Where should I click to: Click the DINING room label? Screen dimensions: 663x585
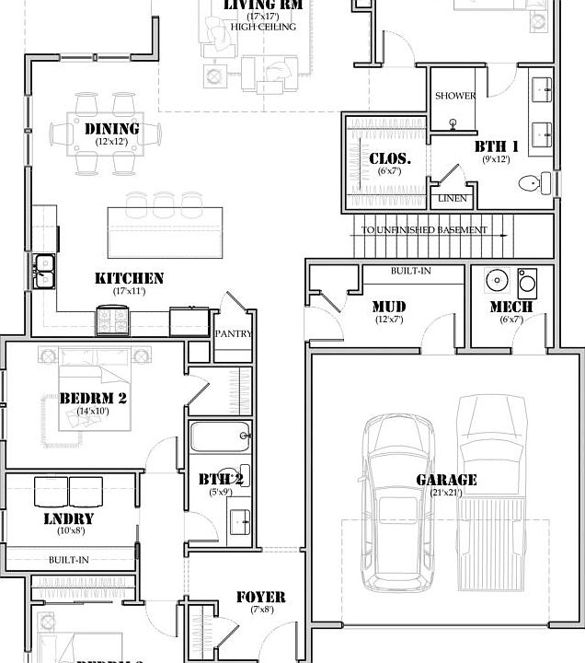112,129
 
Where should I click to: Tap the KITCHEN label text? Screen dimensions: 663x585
129,278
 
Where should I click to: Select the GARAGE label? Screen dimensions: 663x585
446,480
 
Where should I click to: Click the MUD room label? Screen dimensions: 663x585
389,307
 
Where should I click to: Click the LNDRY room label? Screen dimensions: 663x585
69,518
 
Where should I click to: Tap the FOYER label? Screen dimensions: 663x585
260,597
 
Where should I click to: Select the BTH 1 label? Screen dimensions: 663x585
497,146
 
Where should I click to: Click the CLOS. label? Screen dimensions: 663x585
390,158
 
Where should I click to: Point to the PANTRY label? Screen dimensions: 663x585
233,333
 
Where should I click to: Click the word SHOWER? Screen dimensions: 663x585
455,96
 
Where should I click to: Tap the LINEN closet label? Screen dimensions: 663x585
452,198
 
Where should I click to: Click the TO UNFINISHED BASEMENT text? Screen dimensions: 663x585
424,230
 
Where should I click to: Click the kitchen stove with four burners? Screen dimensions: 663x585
113,320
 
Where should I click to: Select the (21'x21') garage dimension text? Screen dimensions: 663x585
446,494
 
